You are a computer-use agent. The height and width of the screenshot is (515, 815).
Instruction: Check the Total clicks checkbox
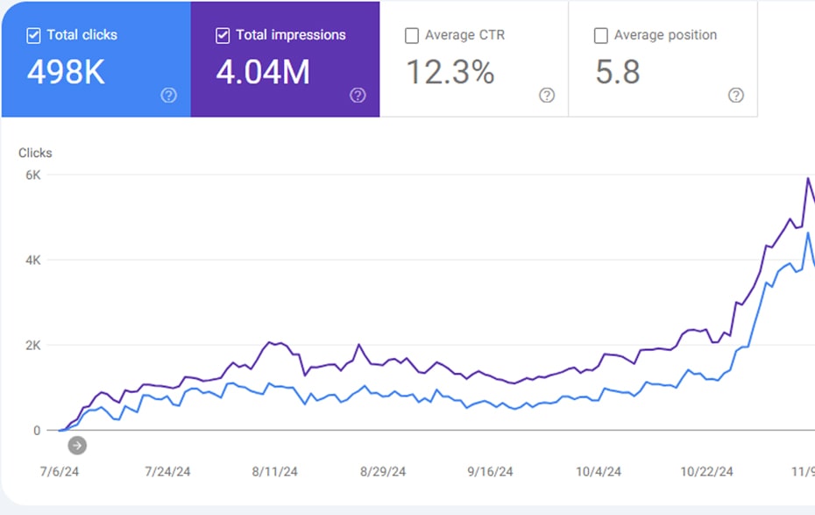[x=33, y=35]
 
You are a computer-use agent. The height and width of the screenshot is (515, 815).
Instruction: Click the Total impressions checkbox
[x=223, y=35]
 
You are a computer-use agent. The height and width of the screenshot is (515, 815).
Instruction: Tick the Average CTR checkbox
[x=412, y=35]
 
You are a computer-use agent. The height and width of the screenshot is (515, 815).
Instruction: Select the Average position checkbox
[x=601, y=35]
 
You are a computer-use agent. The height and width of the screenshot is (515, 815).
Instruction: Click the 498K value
[x=66, y=72]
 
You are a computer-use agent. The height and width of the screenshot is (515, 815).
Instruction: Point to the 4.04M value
[x=263, y=72]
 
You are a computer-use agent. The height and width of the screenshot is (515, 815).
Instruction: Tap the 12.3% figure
[x=450, y=72]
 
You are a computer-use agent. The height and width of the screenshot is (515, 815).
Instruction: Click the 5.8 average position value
[x=618, y=72]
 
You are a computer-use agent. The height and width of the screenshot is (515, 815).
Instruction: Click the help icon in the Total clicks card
[x=168, y=96]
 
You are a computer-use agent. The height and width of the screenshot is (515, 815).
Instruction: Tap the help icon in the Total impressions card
[x=358, y=96]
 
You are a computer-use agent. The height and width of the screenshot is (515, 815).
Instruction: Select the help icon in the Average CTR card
[x=547, y=96]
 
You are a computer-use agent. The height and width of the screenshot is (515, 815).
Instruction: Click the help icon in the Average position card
[x=736, y=96]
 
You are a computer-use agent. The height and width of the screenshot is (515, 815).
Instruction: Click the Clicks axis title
[x=35, y=153]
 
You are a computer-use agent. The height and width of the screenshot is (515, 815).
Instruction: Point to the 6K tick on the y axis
[x=32, y=175]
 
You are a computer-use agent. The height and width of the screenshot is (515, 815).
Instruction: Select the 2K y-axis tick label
[x=32, y=346]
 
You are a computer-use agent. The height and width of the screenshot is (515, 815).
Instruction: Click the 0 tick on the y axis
[x=37, y=431]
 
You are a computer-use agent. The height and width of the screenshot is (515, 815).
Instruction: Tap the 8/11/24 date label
[x=275, y=472]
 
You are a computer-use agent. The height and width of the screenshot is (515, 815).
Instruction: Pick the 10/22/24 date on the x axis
[x=707, y=472]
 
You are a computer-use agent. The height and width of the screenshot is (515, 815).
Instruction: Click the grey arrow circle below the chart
[x=77, y=446]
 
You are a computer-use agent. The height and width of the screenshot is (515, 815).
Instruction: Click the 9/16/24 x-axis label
[x=490, y=472]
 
